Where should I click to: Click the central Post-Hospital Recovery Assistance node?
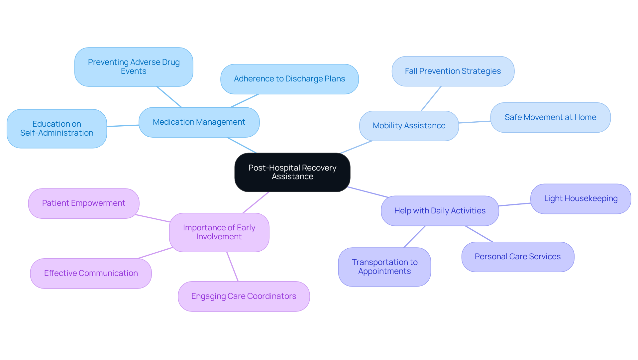tap(292, 172)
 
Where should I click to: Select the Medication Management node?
tap(199, 122)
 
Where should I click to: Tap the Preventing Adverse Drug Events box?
tap(134, 67)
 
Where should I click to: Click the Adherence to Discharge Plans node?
tap(289, 79)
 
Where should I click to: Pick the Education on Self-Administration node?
tap(56, 129)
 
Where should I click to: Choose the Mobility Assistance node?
tap(409, 126)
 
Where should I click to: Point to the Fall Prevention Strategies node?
tap(453, 71)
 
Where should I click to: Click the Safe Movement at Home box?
tap(550, 117)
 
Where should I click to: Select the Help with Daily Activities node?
tap(440, 211)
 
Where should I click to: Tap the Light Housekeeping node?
tap(581, 199)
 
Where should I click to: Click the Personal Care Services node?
tap(517, 257)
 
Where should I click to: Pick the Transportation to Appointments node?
tap(384, 267)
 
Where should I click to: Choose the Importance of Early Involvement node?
tap(219, 232)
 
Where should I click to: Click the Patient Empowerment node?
tap(83, 203)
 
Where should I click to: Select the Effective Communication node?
tap(91, 273)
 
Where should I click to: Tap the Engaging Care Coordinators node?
tap(244, 296)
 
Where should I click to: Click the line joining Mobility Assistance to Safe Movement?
tap(475, 122)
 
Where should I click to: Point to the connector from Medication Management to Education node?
tap(123, 126)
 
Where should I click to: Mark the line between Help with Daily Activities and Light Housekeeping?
tap(514, 204)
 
